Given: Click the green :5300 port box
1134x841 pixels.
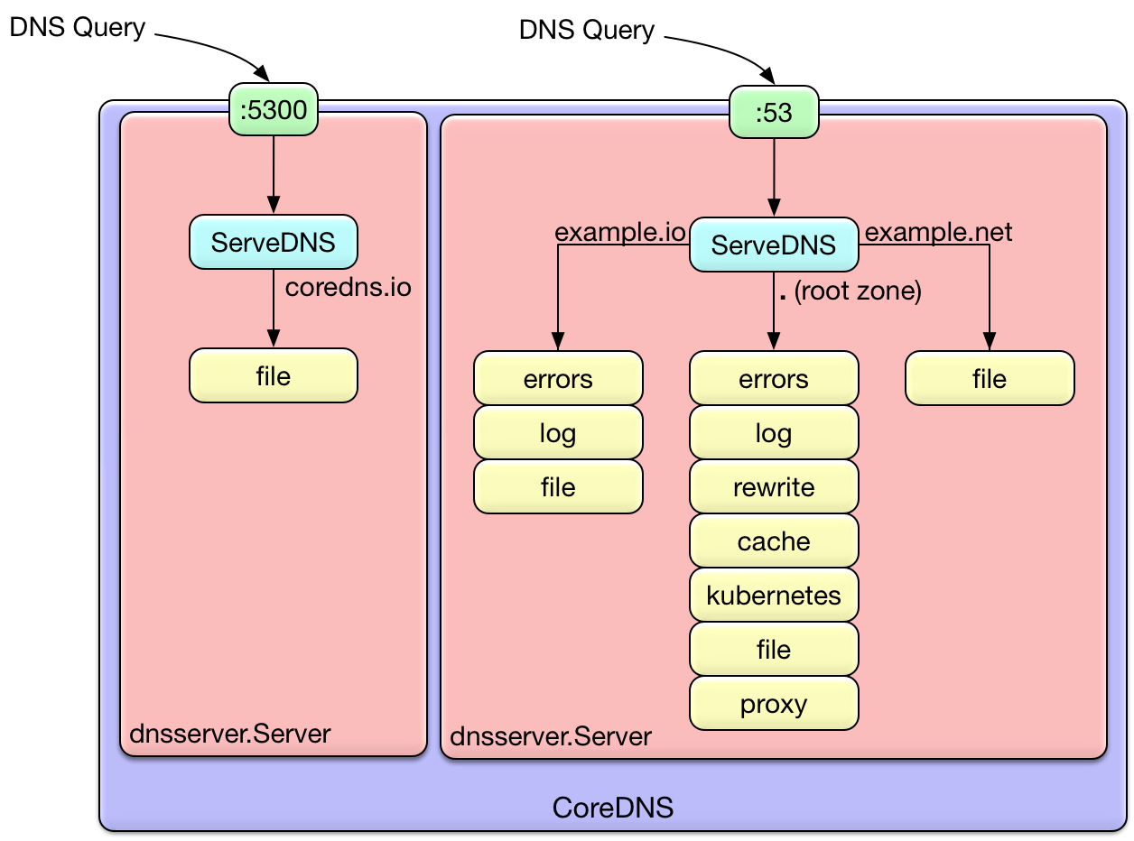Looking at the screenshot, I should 274,110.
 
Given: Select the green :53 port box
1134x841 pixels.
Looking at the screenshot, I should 773,113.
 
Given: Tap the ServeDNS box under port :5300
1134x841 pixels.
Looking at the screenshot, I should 274,243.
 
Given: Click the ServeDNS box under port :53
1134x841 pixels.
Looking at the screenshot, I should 774,245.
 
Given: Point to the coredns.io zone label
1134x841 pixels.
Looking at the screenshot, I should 348,287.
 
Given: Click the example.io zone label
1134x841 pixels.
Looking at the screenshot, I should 619,232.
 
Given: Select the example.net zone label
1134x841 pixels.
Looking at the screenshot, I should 938,232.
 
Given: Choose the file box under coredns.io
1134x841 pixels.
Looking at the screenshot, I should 274,375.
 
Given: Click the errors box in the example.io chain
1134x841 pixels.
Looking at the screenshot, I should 558,379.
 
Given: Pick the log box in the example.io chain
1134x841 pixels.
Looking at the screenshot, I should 558,433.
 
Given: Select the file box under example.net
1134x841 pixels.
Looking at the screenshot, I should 990,379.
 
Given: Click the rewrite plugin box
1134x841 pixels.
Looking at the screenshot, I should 774,487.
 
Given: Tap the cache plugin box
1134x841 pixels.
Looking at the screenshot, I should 774,541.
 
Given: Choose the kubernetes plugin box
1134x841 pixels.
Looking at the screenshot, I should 774,596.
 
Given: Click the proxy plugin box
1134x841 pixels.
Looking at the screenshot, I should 774,704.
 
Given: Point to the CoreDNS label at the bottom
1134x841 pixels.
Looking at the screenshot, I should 613,807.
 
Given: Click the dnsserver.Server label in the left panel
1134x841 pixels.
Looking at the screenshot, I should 230,733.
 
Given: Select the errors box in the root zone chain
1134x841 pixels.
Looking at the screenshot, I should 774,379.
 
